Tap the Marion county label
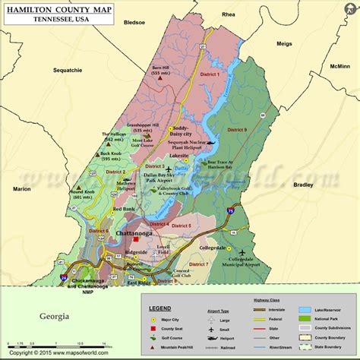[x=22, y=188]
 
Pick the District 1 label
[x=209, y=74]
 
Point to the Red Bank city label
[x=123, y=209]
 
